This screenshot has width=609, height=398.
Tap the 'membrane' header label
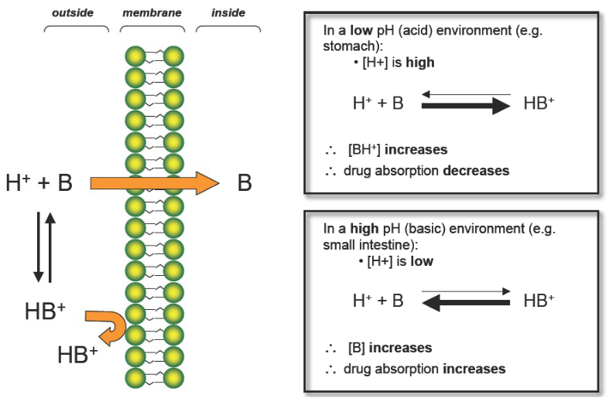coord(152,13)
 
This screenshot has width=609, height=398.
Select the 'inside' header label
coord(228,13)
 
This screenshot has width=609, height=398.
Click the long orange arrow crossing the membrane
coord(155,183)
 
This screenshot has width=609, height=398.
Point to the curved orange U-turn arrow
coord(106,325)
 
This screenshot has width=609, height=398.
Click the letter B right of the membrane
coord(244,184)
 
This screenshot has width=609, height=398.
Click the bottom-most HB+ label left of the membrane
coord(77,355)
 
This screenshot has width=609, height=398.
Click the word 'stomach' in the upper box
coord(346,47)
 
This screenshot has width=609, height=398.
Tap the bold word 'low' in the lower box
coord(421,261)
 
